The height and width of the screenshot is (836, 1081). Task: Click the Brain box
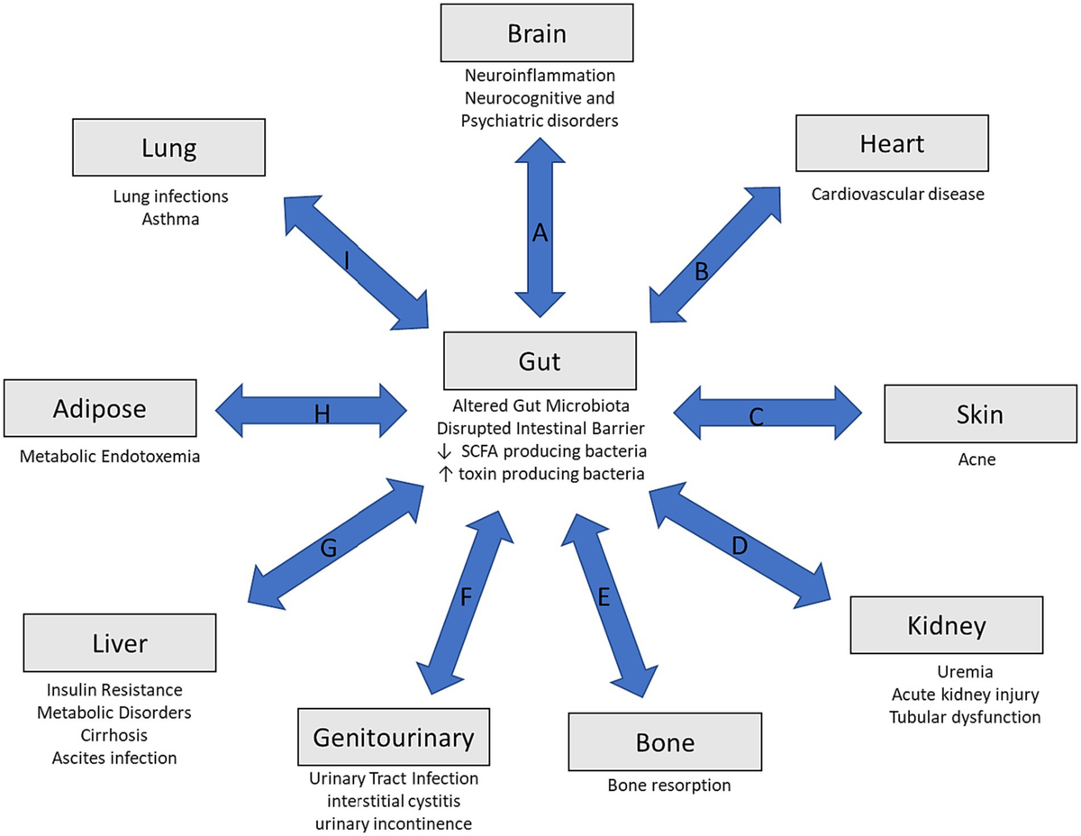(537, 34)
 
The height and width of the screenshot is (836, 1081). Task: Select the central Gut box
(540, 361)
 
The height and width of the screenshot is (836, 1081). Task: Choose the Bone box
(665, 742)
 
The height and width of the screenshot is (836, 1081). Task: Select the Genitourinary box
(394, 738)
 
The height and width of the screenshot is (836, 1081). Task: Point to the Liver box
(119, 643)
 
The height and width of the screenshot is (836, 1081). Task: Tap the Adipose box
(100, 408)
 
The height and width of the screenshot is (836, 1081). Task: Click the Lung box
(169, 147)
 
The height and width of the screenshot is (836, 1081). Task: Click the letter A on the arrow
(540, 233)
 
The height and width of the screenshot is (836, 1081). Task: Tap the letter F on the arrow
(466, 596)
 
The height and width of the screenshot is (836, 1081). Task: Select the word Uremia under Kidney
(964, 673)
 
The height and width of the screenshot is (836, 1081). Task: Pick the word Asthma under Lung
(170, 217)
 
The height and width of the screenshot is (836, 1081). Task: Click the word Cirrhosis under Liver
(114, 734)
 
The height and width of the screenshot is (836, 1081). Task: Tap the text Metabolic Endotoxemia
(109, 457)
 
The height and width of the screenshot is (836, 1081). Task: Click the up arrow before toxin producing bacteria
(444, 473)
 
